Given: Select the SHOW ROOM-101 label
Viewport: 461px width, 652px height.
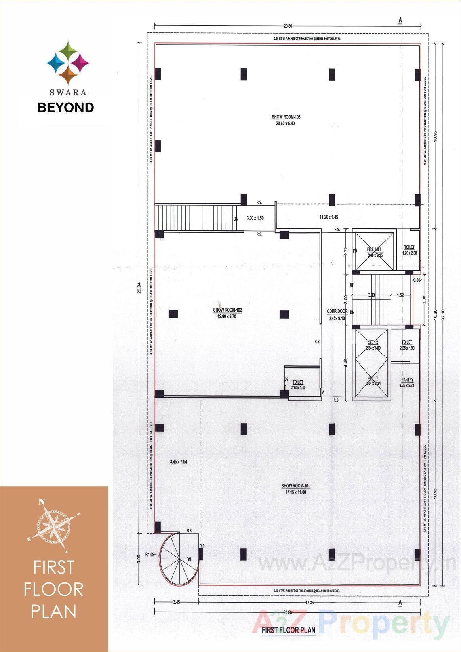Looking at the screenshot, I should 293,486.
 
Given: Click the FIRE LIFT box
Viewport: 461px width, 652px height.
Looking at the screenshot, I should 374,251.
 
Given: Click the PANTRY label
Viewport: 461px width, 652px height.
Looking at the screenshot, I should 407,380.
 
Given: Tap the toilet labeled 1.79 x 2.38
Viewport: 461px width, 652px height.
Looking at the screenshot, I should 409,250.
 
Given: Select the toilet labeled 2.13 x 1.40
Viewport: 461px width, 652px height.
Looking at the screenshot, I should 298,385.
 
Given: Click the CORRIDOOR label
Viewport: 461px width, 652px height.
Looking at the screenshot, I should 337,312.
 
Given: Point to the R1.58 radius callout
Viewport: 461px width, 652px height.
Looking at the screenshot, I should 149,555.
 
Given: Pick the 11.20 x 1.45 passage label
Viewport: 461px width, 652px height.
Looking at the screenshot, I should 328,217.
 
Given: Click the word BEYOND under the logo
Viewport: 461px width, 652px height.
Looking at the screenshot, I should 66,107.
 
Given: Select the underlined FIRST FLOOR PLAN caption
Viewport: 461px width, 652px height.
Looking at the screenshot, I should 288,630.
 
